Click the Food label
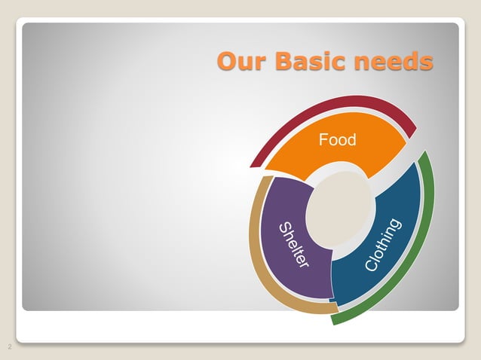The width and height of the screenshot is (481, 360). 337,139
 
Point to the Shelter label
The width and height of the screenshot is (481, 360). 293,245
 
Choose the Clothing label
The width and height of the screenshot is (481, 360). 383,245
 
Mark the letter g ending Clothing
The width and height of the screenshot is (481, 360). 397,224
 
